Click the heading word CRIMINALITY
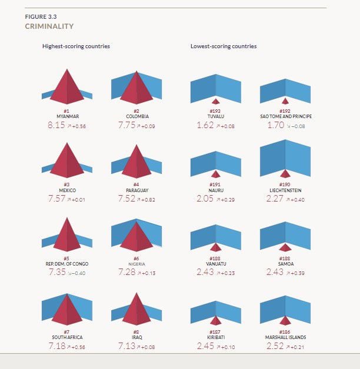click(x=49, y=26)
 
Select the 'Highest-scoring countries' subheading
click(x=76, y=46)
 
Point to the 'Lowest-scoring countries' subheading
click(x=224, y=46)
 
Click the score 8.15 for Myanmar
click(x=57, y=125)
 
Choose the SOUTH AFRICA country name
click(x=67, y=337)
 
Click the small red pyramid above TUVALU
click(x=216, y=100)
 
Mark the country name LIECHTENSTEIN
click(x=285, y=190)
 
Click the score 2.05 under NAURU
click(x=205, y=199)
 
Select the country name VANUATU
click(x=215, y=264)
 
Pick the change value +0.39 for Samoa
click(x=296, y=273)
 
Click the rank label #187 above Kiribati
click(x=215, y=332)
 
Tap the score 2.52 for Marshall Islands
click(x=275, y=347)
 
